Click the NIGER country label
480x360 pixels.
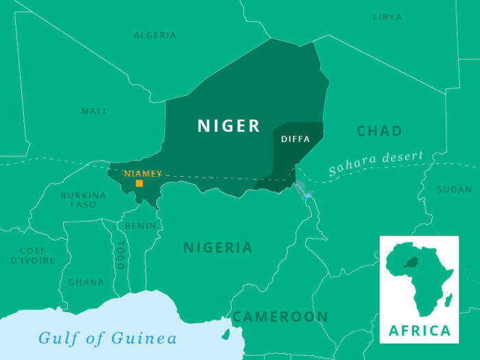point(229,126)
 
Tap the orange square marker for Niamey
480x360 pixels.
point(139,183)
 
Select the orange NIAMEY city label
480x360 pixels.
point(143,173)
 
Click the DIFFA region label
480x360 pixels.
point(296,139)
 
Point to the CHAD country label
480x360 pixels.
point(379,131)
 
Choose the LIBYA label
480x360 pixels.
point(387,17)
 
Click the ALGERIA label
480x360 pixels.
point(155,35)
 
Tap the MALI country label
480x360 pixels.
point(93,111)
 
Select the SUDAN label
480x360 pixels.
point(455,189)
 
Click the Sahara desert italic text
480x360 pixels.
point(375,163)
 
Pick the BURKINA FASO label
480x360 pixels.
point(83,200)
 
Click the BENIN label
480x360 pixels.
point(140,226)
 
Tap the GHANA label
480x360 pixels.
point(86,282)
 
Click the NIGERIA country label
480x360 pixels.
point(217,248)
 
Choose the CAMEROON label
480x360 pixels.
point(280,317)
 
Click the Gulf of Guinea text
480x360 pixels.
point(107,338)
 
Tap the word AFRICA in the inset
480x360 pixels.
point(420,331)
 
